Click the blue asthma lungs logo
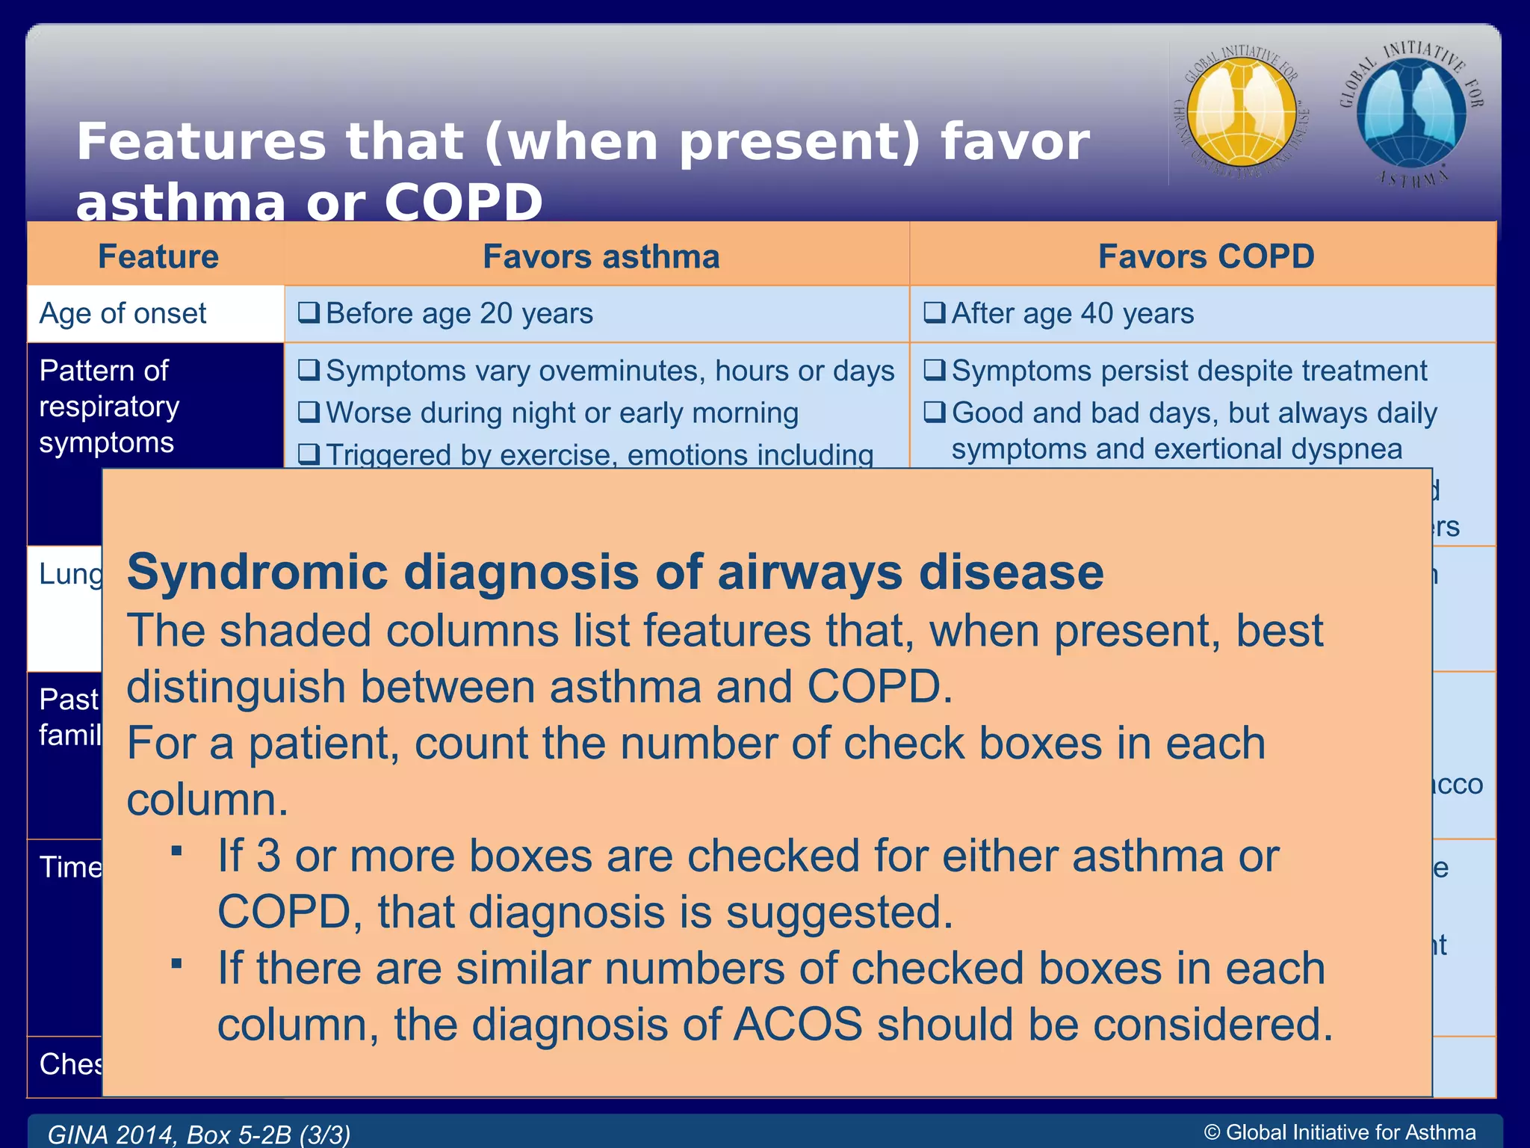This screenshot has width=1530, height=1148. pyautogui.click(x=1411, y=112)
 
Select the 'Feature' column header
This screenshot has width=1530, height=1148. pyautogui.click(x=158, y=256)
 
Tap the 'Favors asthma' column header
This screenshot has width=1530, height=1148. pyautogui.click(x=601, y=256)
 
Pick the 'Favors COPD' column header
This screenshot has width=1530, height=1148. pyautogui.click(x=1206, y=256)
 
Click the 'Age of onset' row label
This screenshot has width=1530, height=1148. pyautogui.click(x=123, y=313)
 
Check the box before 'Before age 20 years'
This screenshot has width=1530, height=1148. pyautogui.click(x=309, y=312)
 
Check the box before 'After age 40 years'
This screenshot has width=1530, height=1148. pyautogui.click(x=934, y=312)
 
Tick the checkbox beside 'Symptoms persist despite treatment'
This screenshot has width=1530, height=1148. pyautogui.click(x=934, y=370)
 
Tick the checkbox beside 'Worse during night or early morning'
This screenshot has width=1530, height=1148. pyautogui.click(x=309, y=412)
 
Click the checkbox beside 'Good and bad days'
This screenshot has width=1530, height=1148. pyautogui.click(x=934, y=412)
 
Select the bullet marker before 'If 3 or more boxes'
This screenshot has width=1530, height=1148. pyautogui.click(x=177, y=851)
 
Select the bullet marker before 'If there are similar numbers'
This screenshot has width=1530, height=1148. pyautogui.click(x=177, y=963)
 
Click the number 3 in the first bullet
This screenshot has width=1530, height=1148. pyautogui.click(x=268, y=856)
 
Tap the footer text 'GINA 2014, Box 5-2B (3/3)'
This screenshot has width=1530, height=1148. pyautogui.click(x=199, y=1134)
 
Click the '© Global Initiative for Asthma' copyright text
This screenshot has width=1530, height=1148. pyautogui.click(x=1339, y=1132)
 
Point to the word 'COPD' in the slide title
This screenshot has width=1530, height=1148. pyautogui.click(x=463, y=203)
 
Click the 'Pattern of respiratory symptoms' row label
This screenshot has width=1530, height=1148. pyautogui.click(x=109, y=407)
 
